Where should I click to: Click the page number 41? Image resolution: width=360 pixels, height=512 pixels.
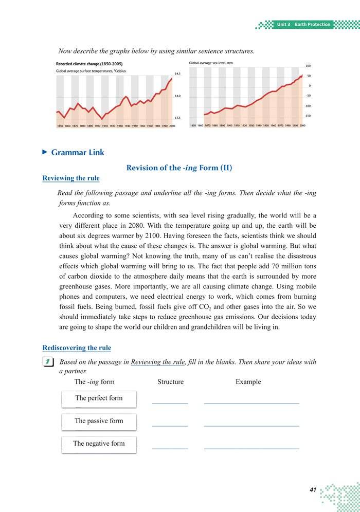click(313, 490)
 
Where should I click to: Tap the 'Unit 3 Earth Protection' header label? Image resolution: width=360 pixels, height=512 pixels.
click(303, 25)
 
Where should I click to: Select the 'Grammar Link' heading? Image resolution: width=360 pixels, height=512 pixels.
click(78, 152)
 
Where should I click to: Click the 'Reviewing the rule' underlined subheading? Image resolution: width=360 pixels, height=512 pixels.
click(71, 178)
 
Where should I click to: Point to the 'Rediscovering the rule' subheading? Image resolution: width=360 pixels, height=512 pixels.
click(76, 348)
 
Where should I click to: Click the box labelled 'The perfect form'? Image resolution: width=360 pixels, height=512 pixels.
click(99, 398)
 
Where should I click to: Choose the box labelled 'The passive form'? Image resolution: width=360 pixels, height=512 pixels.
click(99, 421)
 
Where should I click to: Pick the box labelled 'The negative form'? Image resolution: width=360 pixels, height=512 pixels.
click(99, 444)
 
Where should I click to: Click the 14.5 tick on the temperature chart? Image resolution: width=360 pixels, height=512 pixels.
click(178, 74)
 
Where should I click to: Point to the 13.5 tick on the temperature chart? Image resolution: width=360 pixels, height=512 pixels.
click(178, 118)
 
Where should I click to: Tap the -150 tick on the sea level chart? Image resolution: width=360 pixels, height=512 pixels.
click(308, 116)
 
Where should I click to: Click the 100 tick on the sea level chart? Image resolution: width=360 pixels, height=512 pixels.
click(308, 66)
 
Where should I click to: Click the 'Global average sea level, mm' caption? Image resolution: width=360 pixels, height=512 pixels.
click(211, 63)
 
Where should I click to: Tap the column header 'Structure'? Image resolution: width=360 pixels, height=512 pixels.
click(170, 382)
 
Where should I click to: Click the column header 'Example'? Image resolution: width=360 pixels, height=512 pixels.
click(248, 382)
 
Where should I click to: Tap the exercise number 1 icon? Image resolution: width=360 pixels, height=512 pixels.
click(48, 362)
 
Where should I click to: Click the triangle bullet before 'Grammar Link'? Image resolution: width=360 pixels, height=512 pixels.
click(44, 152)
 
